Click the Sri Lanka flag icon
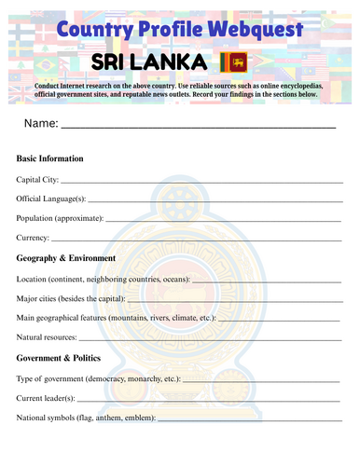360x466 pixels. coord(232,62)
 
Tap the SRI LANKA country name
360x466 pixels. coord(148,62)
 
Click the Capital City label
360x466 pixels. coord(37,178)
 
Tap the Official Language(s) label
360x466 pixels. coord(51,198)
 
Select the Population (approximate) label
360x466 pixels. coord(61,218)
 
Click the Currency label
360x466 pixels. coord(34,239)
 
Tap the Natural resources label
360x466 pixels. coord(48,337)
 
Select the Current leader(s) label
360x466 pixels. coord(48,399)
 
